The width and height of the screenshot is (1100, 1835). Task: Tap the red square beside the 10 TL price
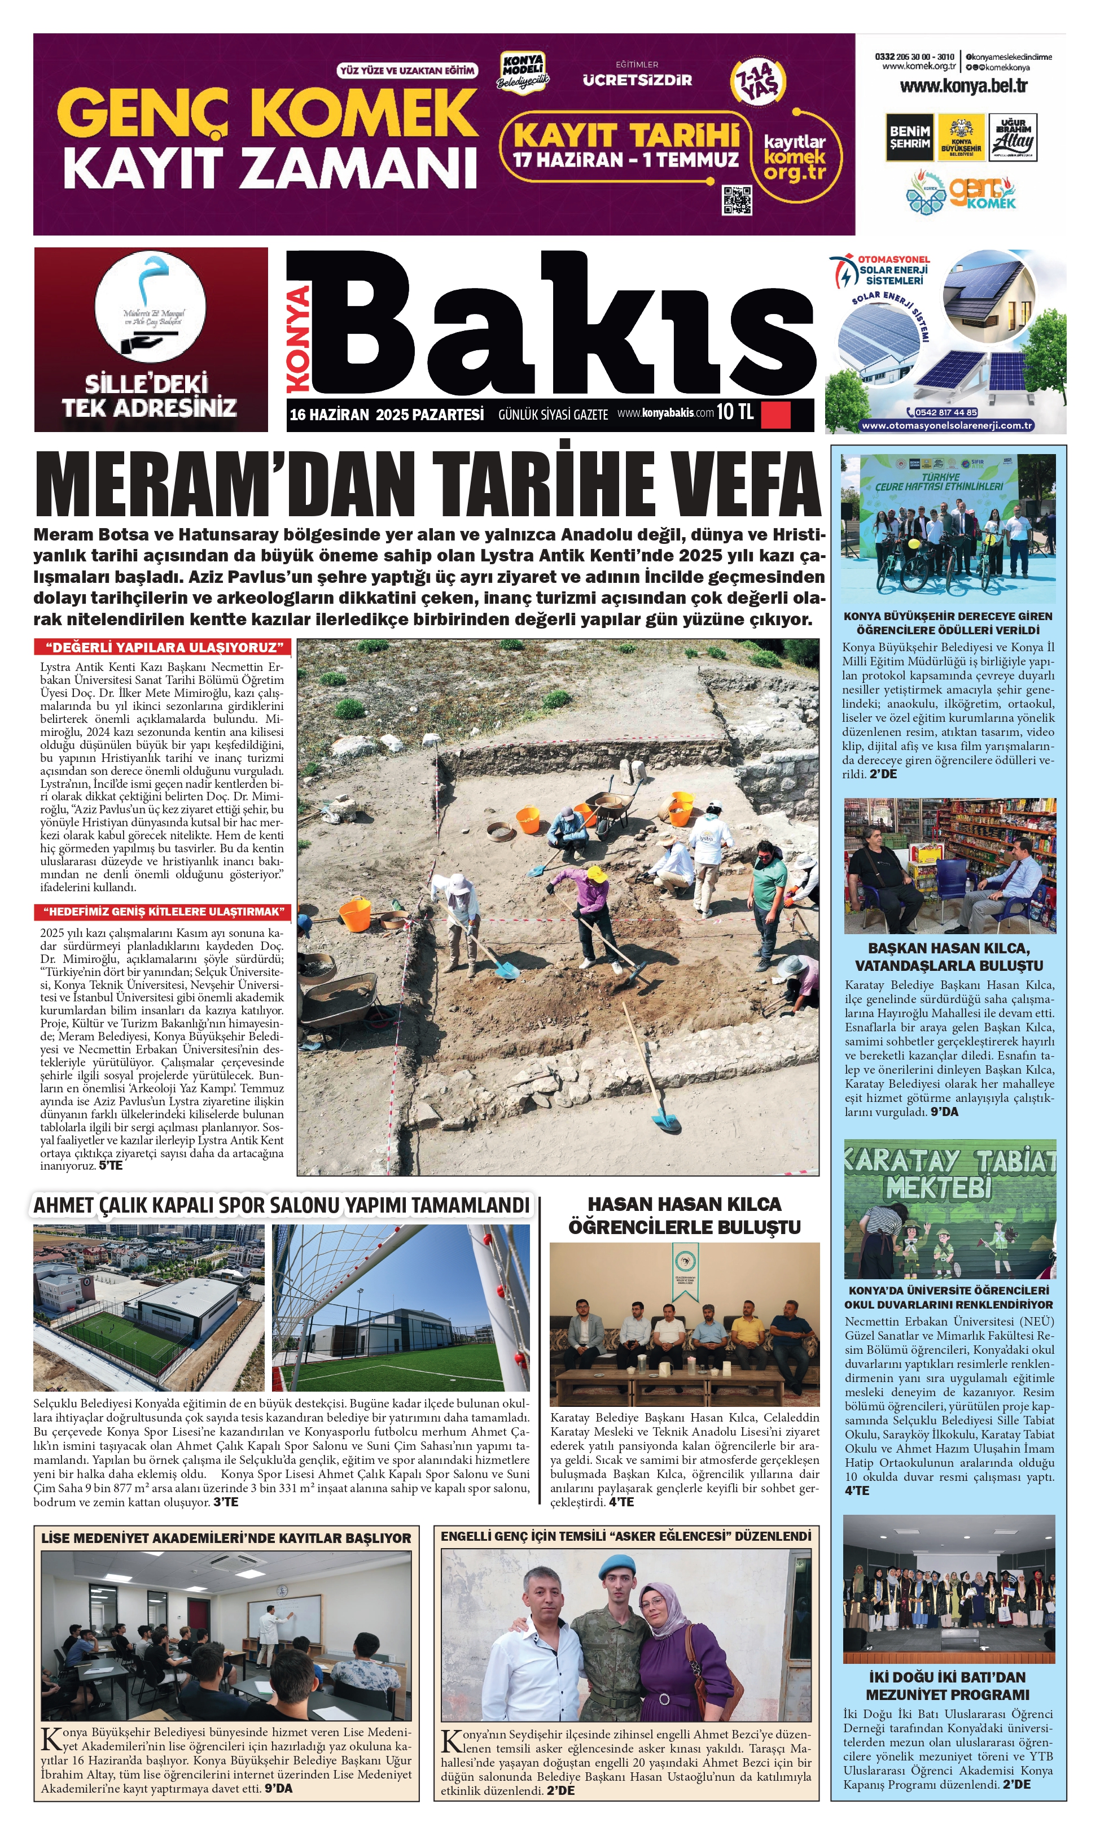tap(775, 414)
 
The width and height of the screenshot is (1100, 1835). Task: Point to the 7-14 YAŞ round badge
tap(757, 81)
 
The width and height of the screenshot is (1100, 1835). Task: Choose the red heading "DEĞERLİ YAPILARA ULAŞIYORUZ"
tap(163, 647)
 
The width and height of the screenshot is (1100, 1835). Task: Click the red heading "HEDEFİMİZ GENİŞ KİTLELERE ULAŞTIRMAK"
tap(163, 912)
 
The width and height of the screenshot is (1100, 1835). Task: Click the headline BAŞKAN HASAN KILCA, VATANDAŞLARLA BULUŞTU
tap(949, 957)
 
